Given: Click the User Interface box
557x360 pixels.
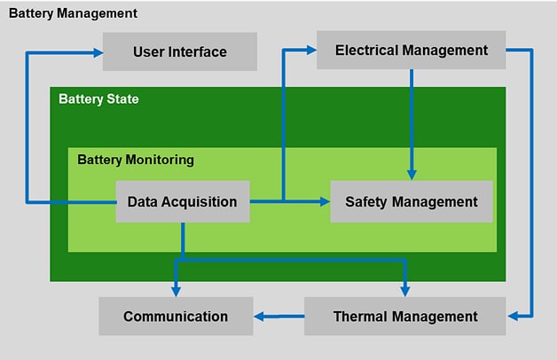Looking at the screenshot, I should pyautogui.click(x=180, y=51).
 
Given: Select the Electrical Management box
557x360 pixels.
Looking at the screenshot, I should pyautogui.click(x=411, y=51).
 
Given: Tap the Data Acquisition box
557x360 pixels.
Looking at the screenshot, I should pyautogui.click(x=183, y=201).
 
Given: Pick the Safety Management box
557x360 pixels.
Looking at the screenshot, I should pyautogui.click(x=411, y=201).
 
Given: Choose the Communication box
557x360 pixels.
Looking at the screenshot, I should pyautogui.click(x=176, y=316).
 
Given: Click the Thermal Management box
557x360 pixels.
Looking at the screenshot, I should pyautogui.click(x=405, y=316).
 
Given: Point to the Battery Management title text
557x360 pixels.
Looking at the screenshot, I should pyautogui.click(x=73, y=13).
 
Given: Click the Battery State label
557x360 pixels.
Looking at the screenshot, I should pyautogui.click(x=98, y=98).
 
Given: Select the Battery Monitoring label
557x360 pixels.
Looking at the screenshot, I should pyautogui.click(x=136, y=160).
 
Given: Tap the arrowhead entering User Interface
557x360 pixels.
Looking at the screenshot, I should pyautogui.click(x=98, y=52).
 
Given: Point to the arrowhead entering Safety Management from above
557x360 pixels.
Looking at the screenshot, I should pyautogui.click(x=411, y=176).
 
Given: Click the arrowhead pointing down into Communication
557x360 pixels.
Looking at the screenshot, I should pyautogui.click(x=176, y=292).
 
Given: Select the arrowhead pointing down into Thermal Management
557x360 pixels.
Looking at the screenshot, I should pyautogui.click(x=405, y=292).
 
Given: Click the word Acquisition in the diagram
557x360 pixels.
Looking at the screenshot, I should pyautogui.click(x=203, y=201).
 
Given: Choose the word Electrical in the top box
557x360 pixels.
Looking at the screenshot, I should pyautogui.click(x=366, y=51).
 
